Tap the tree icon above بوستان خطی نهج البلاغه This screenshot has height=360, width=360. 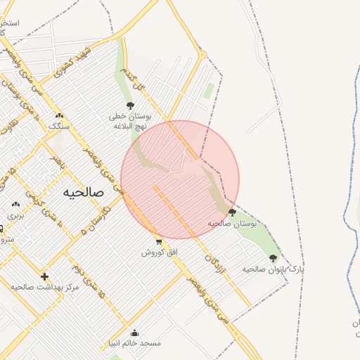coord(130,106)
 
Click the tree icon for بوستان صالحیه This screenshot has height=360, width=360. coord(232,212)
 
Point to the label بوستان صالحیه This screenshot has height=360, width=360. coord(232,223)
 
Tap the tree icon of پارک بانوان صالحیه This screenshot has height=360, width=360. coord(273,258)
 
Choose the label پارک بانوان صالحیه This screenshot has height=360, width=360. coord(274,269)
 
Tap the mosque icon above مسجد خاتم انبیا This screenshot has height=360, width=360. coord(134,333)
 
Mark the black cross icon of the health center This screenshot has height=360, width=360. coord(45,276)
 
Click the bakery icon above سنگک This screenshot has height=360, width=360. coord(59,115)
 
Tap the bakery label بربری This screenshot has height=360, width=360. coord(15,215)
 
